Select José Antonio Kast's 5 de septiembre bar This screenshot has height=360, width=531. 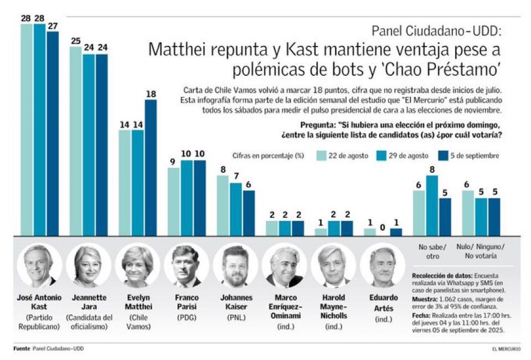53,133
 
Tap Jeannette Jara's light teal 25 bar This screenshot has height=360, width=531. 76,141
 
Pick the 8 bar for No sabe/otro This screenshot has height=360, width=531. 432,205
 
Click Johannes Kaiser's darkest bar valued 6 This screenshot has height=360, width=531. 249,213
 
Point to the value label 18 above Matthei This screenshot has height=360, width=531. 150,95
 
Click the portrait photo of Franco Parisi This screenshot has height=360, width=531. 186,265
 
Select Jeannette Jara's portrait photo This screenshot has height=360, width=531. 88,265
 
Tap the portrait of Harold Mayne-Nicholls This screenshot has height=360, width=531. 333,265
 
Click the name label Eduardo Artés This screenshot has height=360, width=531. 383,301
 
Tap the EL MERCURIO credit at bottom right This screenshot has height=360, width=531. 506,349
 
